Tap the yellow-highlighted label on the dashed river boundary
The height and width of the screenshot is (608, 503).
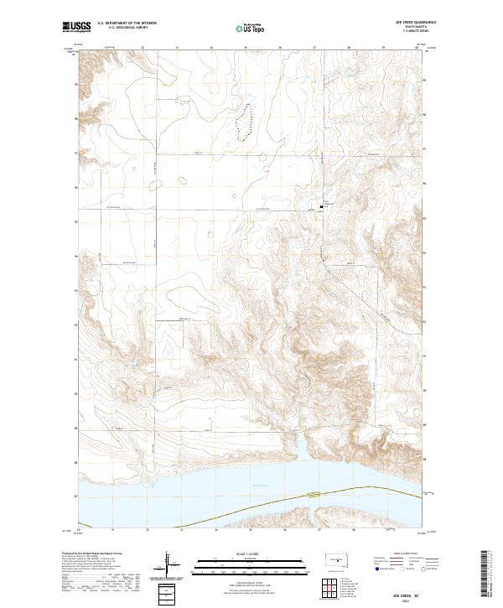pos(312,493)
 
